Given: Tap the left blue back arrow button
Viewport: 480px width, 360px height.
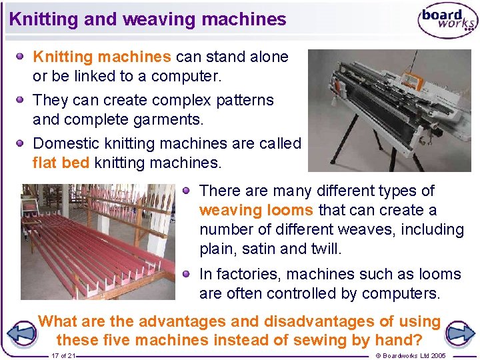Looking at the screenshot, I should pyautogui.click(x=23, y=332).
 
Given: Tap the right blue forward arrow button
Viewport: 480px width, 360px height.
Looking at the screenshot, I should pyautogui.click(x=459, y=332).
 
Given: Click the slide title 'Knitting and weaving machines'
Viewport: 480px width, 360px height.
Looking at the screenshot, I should pyautogui.click(x=147, y=19).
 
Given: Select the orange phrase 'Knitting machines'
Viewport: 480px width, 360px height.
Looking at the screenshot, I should pyautogui.click(x=102, y=57).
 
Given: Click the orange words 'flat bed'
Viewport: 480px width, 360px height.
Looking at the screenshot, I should pyautogui.click(x=61, y=162).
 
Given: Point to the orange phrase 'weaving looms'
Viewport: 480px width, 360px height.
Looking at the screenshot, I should pyautogui.click(x=256, y=210).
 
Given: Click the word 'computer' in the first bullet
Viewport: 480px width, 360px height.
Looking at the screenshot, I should pyautogui.click(x=185, y=76).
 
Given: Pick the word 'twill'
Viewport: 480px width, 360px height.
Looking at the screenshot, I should pyautogui.click(x=324, y=249).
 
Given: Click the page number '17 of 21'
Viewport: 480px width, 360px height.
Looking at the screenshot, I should pyautogui.click(x=63, y=356).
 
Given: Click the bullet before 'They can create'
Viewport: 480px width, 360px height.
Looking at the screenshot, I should pyautogui.click(x=21, y=99).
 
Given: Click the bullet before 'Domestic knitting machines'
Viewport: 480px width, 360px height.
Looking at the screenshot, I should pyautogui.click(x=21, y=143).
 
